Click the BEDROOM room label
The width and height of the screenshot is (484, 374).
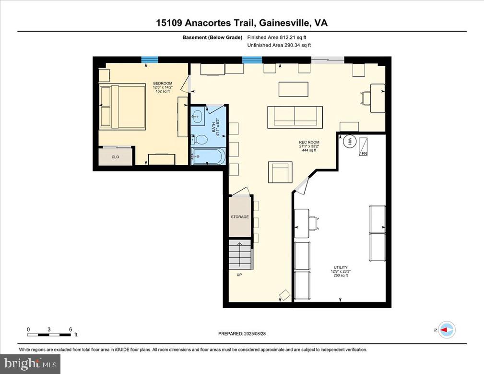click(163, 83)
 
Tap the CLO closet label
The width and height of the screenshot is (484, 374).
click(115, 157)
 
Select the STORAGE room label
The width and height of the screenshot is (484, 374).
click(239, 217)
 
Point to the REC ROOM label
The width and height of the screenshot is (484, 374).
click(309, 142)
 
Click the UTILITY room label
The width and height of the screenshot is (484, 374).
click(341, 267)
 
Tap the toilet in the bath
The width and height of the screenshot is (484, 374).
click(201, 140)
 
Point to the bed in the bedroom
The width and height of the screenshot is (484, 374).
click(122, 107)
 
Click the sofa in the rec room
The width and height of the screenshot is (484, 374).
click(295, 117)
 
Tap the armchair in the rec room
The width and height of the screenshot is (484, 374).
click(280, 172)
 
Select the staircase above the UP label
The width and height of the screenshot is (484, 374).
click(239, 254)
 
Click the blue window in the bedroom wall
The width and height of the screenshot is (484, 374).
click(150, 60)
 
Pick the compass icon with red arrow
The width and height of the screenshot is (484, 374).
click(447, 330)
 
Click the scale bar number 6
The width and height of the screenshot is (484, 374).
click(71, 329)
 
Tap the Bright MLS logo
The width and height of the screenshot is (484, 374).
click(30, 363)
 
